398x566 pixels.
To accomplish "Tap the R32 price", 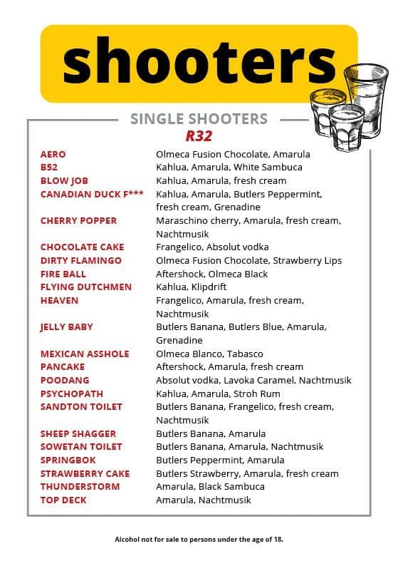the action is pos(199,135).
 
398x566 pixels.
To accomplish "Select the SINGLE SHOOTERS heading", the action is pos(199,119).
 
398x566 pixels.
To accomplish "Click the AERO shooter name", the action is pos(53,154).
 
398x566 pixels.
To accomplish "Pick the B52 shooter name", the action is pos(49,167).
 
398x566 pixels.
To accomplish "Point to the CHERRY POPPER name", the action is pos(78,220).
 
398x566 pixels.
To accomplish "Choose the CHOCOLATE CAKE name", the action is pos(82,247).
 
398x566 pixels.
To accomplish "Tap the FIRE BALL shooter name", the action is pos(63,274).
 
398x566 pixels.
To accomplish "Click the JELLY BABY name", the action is pos(67,326).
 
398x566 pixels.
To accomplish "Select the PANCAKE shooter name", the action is pos(63,366).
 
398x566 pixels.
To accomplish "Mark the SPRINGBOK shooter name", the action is pos(68,460).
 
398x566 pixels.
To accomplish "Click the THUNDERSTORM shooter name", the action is pos(80,486).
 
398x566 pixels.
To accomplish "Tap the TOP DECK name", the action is pos(63,500).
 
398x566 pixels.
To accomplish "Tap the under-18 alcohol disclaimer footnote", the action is pos(199,539).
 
